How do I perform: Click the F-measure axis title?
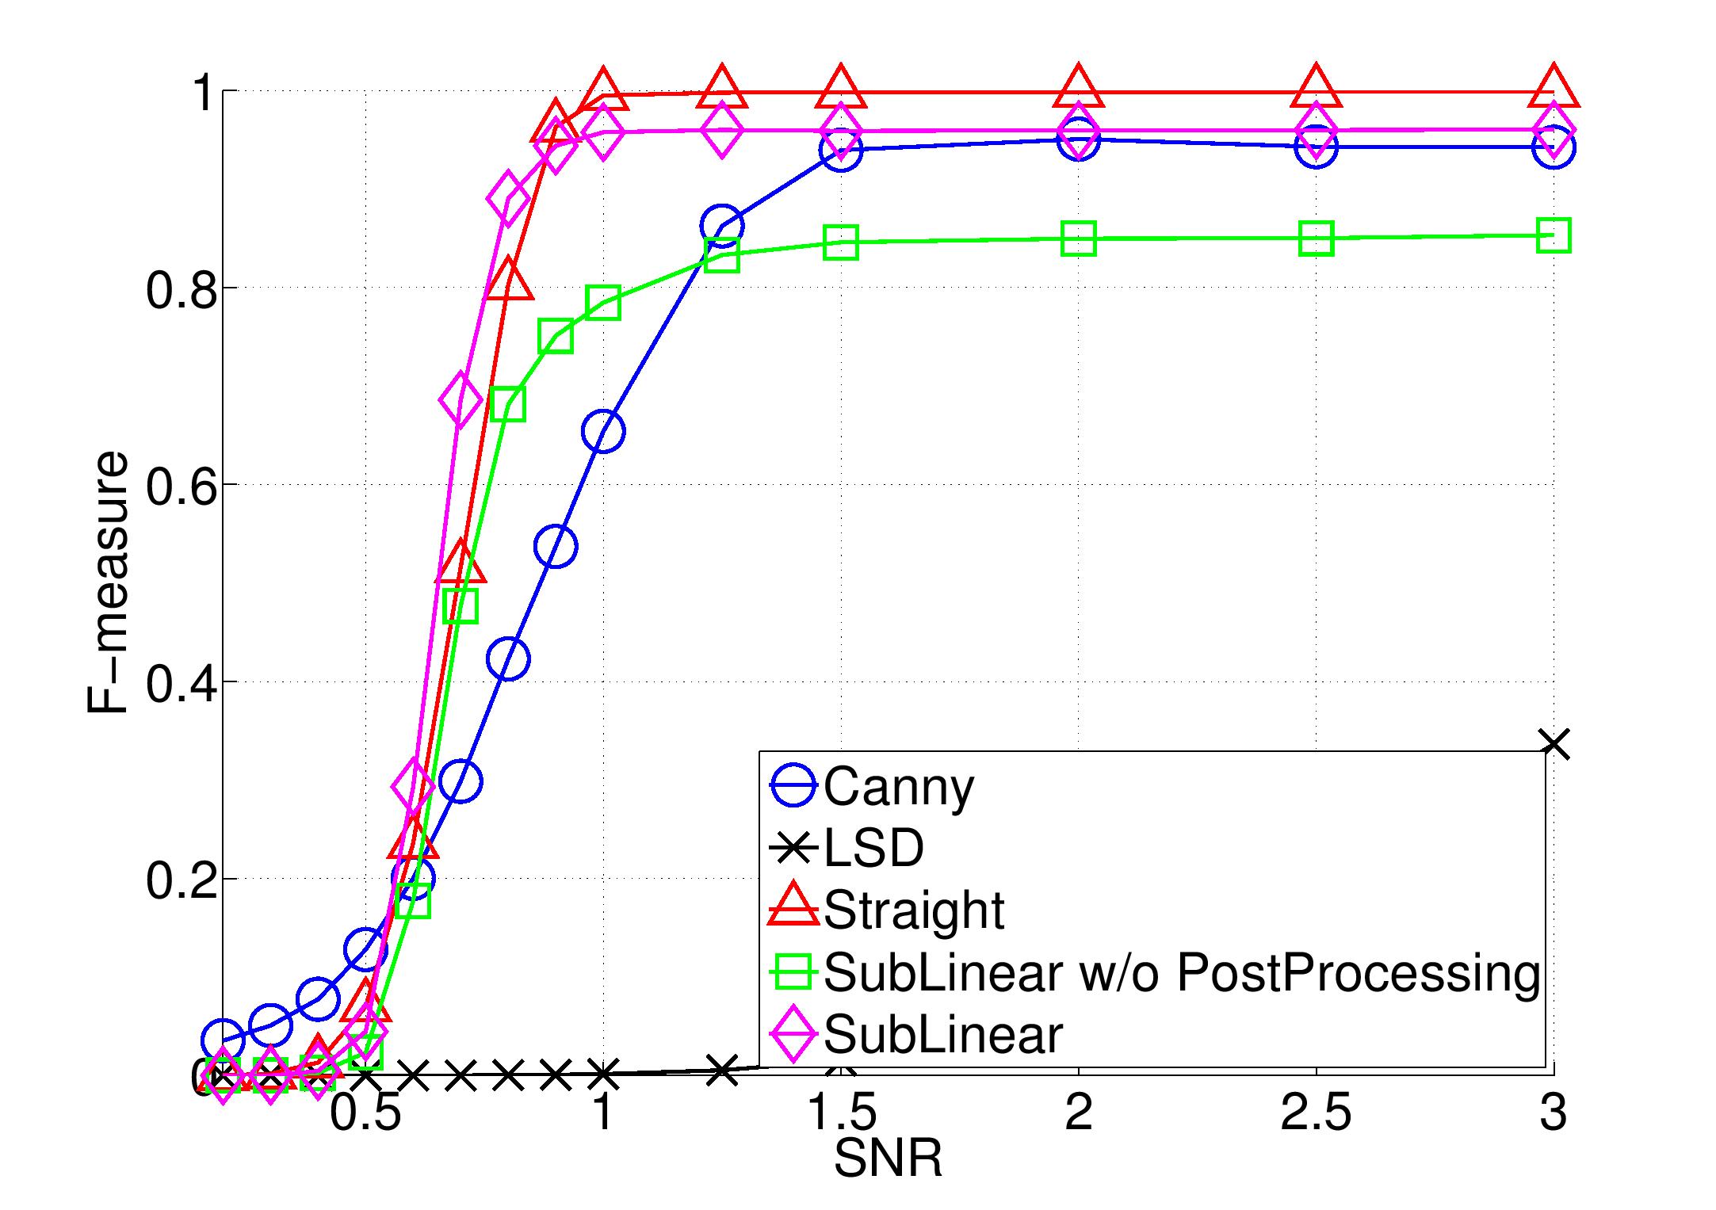[x=107, y=582]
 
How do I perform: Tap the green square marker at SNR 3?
[x=1554, y=235]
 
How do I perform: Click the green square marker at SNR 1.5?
[x=841, y=242]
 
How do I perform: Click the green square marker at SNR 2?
[x=1079, y=239]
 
